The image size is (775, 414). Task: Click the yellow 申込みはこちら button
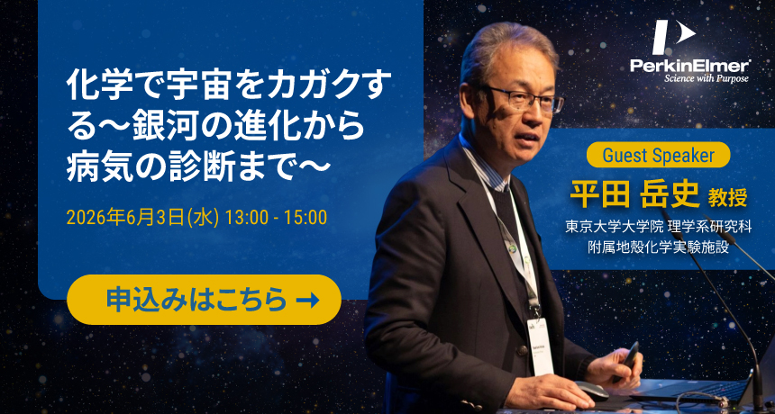tap(204, 300)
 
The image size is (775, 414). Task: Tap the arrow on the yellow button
tap(307, 300)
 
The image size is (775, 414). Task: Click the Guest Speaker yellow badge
tap(659, 155)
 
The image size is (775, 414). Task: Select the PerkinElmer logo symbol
tap(673, 37)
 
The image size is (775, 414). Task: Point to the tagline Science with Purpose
tap(707, 78)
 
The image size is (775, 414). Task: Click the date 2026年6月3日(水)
tap(142, 218)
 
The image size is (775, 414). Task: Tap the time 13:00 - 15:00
tap(276, 218)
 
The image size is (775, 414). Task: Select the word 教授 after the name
tap(727, 198)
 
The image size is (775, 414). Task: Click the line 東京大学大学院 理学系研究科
tap(659, 228)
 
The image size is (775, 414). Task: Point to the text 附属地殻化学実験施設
tap(659, 247)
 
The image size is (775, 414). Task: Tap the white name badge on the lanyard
tap(540, 346)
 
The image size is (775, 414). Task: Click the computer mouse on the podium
tap(591, 391)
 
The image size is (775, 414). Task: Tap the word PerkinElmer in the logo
tap(690, 65)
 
